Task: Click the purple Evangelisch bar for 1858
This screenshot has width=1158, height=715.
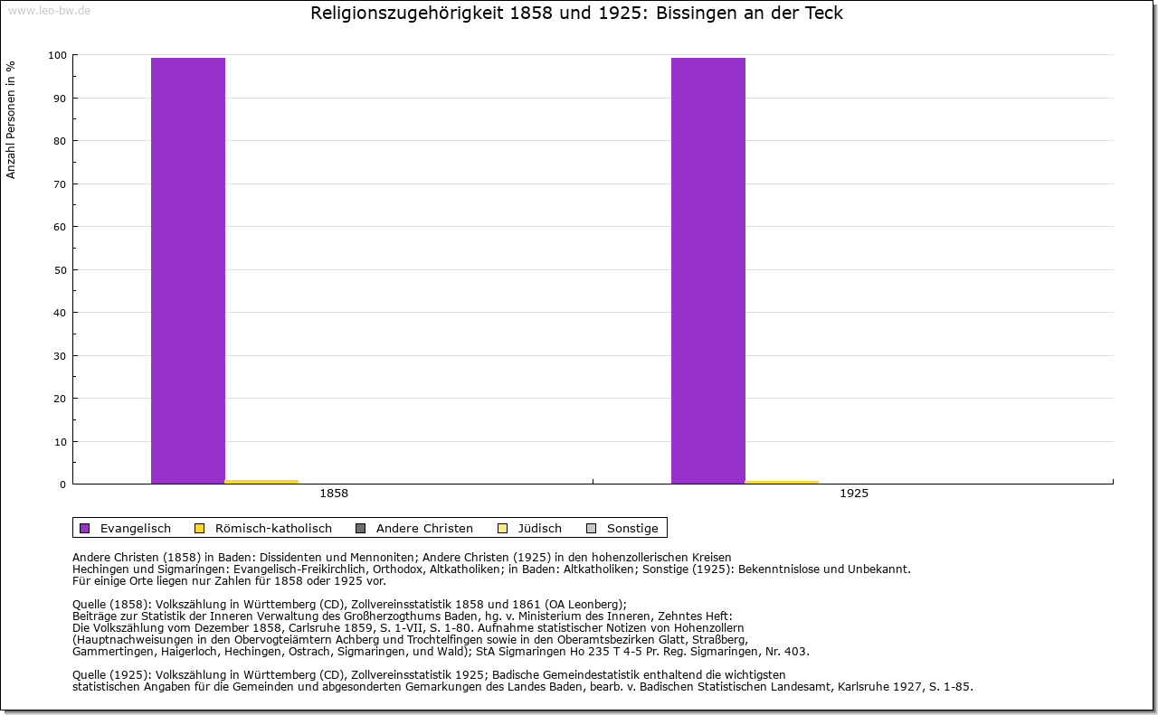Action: tap(188, 271)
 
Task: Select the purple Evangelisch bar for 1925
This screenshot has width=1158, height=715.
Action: tap(708, 271)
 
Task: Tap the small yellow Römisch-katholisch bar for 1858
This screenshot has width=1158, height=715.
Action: tap(261, 482)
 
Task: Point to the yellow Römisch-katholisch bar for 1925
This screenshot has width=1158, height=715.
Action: tap(782, 482)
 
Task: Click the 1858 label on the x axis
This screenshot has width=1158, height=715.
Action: tap(334, 494)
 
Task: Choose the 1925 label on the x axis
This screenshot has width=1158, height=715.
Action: tap(854, 494)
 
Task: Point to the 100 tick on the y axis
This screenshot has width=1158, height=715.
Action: tap(57, 55)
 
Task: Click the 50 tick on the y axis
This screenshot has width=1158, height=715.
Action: tap(60, 270)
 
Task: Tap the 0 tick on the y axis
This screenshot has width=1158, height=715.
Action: tap(62, 485)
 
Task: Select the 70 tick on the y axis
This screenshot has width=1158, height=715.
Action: tap(60, 184)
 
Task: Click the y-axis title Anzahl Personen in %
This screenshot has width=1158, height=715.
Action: tap(11, 119)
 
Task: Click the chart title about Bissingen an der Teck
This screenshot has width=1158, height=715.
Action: tap(576, 14)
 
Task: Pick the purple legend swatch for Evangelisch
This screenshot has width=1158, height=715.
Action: tap(85, 528)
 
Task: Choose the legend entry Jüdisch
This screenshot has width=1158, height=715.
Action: tap(539, 528)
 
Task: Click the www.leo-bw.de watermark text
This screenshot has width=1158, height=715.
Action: tap(49, 11)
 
